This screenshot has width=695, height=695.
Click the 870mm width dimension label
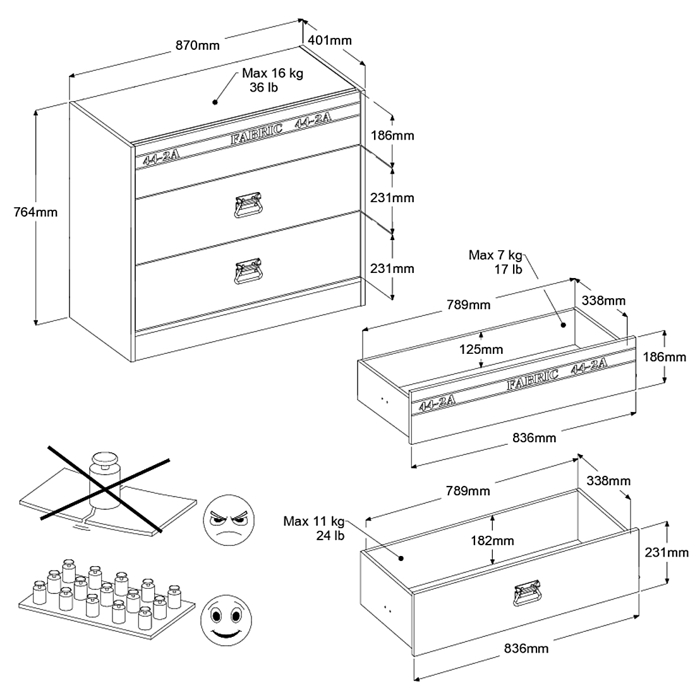pyautogui.click(x=198, y=45)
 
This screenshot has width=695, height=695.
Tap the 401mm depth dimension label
pyautogui.click(x=329, y=40)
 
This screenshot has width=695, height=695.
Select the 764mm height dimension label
pyautogui.click(x=35, y=212)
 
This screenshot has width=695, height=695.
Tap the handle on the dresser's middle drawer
pyautogui.click(x=248, y=205)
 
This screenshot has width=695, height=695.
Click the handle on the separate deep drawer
pyautogui.click(x=527, y=593)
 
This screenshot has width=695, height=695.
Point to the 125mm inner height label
pyautogui.click(x=481, y=349)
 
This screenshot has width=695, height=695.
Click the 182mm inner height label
pyautogui.click(x=492, y=541)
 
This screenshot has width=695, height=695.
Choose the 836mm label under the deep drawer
pyautogui.click(x=526, y=648)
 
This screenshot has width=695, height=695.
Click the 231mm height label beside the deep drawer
pyautogui.click(x=667, y=553)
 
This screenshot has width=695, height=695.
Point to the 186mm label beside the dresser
pyautogui.click(x=392, y=136)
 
